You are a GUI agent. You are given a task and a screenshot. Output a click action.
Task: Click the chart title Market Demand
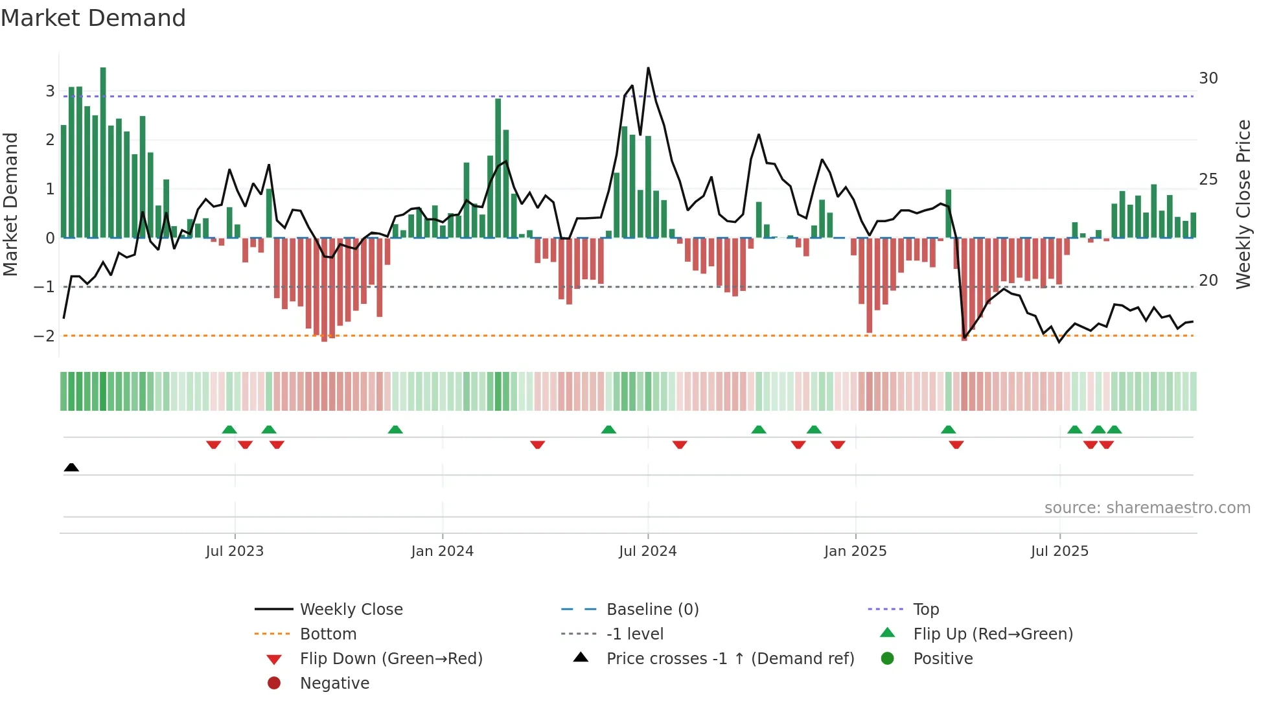pos(93,18)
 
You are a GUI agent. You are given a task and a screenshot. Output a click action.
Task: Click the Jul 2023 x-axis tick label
pos(235,551)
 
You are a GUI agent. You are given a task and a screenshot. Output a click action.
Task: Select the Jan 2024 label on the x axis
pos(442,551)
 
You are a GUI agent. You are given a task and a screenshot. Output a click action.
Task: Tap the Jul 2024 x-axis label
pos(647,551)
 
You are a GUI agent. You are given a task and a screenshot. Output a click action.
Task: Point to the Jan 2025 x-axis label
pos(855,551)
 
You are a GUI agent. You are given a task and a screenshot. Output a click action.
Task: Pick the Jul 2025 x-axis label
pos(1059,551)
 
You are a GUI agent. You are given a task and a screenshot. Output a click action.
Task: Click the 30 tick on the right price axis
pos(1208,78)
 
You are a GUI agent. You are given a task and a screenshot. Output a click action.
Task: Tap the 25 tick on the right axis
pos(1208,179)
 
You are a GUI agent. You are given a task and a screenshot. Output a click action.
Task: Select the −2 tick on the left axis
pos(44,336)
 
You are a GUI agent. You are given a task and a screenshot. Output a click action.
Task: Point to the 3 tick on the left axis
pos(50,91)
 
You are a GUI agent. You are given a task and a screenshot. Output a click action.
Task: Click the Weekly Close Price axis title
pos(1243,204)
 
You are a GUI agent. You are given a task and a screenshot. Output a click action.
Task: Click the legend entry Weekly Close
pos(351,610)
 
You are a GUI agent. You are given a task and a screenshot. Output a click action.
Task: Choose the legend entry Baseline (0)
pos(652,610)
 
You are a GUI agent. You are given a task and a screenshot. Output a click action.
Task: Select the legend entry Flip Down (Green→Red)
pos(391,659)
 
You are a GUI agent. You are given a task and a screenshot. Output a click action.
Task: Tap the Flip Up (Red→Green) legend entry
pos(993,634)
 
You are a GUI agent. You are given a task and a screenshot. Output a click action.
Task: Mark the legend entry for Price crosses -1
pos(730,659)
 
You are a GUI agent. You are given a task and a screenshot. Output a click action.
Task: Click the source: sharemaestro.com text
pos(1147,508)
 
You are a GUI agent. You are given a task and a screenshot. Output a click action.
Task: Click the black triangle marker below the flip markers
pos(71,467)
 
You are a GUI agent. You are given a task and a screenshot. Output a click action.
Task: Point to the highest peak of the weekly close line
pos(648,68)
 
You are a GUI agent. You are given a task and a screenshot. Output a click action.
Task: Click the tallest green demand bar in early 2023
pos(103,152)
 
